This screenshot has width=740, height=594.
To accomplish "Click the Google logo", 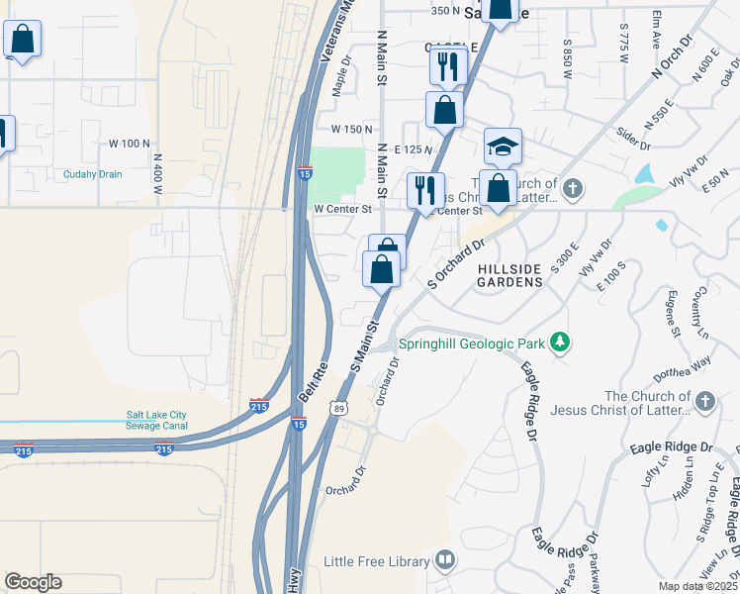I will pyautogui.click(x=33, y=582).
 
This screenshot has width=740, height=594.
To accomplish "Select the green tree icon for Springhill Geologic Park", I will pyautogui.click(x=561, y=343).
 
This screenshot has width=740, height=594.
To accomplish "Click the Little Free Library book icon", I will pyautogui.click(x=445, y=562).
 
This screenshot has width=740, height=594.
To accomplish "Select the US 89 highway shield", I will pyautogui.click(x=339, y=408).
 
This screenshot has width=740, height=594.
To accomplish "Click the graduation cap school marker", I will pyautogui.click(x=503, y=148).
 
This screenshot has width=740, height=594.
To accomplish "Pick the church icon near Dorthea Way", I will pyautogui.click(x=704, y=401).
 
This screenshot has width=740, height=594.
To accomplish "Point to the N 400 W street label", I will pyautogui.click(x=157, y=173).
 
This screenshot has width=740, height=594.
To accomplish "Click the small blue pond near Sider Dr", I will pyautogui.click(x=645, y=173).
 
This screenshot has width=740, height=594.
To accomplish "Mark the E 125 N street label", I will pyautogui.click(x=414, y=148).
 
